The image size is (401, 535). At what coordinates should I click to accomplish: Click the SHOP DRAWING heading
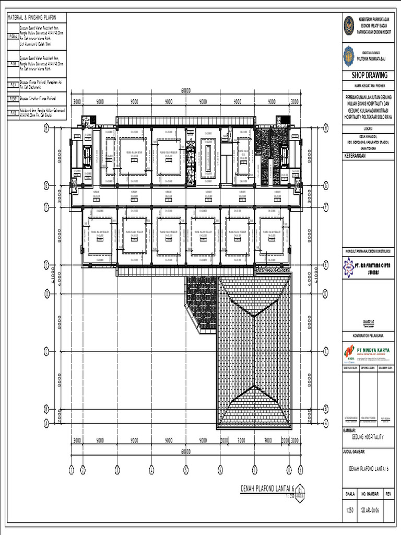tap(365, 75)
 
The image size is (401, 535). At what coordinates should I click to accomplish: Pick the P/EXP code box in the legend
tap(13, 98)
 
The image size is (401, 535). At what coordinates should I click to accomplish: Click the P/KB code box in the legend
tap(13, 112)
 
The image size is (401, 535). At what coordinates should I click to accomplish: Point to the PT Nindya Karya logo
tap(349, 352)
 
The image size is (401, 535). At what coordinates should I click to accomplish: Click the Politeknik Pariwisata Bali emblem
tap(349, 55)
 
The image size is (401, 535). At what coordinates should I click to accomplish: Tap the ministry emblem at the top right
tap(349, 25)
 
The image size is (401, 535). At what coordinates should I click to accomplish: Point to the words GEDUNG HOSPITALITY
tap(365, 437)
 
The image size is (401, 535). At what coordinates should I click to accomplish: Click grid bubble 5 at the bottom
tap(185, 470)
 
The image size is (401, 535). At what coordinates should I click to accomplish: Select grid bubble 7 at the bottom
tap(254, 470)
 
